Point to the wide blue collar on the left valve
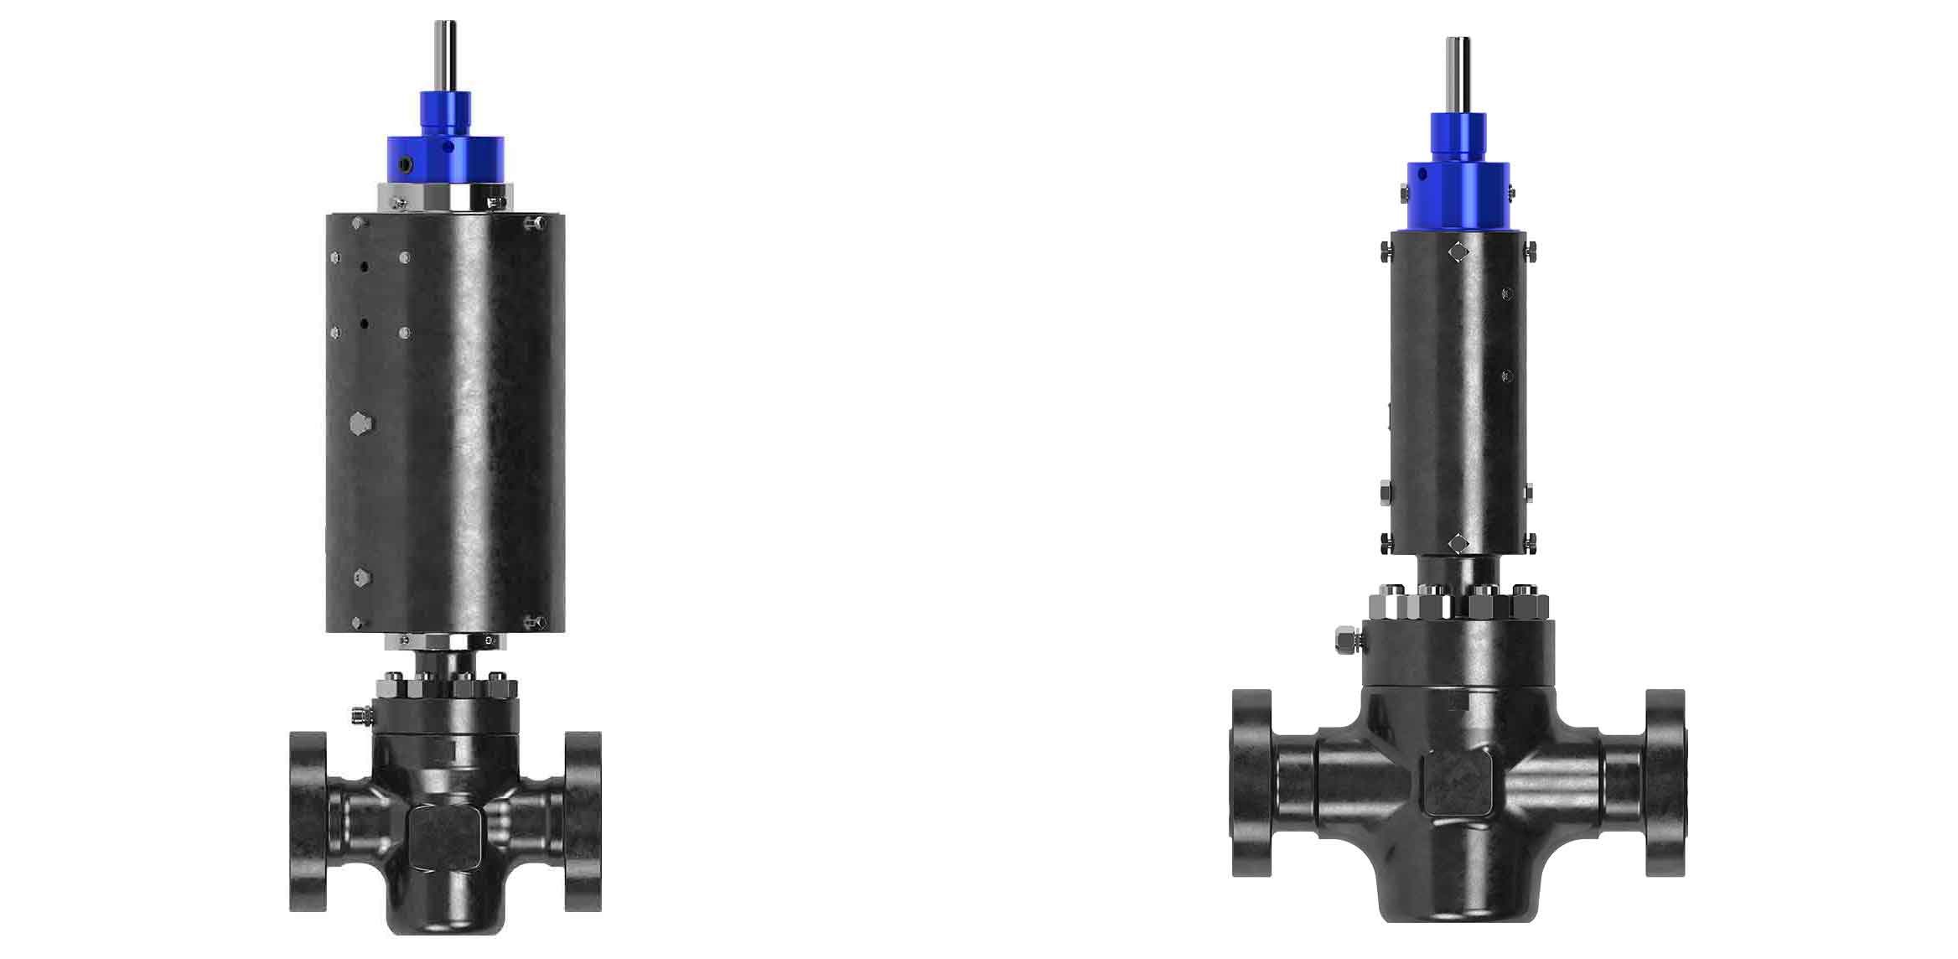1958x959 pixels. tap(445, 160)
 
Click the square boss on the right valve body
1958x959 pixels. tap(1458, 782)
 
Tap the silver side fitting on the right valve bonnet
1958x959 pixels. tap(1346, 641)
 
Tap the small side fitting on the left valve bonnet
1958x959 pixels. tap(361, 714)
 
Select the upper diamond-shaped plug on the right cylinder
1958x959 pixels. tap(1458, 251)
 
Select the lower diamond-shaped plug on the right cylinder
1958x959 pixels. tap(1458, 544)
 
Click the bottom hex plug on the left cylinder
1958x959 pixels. tap(361, 577)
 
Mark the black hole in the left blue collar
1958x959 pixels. tap(406, 165)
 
